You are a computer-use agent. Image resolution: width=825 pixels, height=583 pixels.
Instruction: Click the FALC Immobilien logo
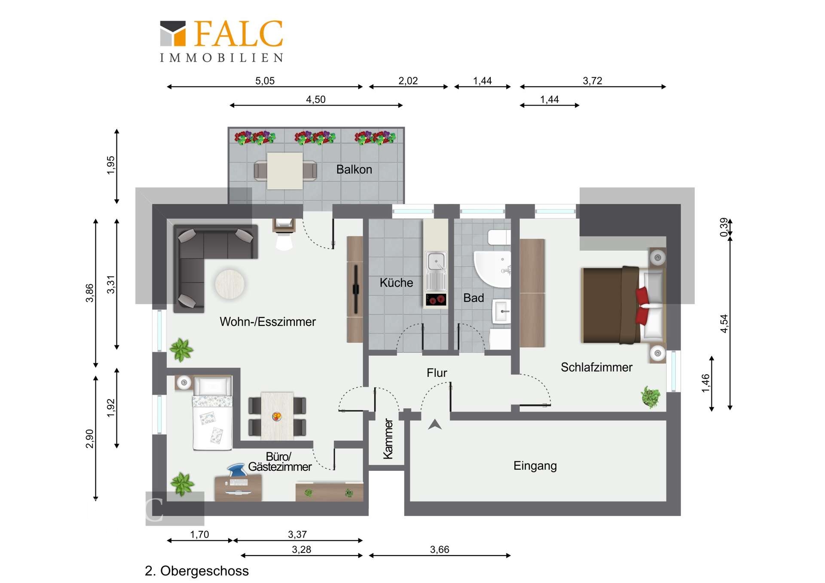(x=222, y=41)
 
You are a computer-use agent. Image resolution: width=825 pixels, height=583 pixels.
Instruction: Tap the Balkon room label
(x=354, y=169)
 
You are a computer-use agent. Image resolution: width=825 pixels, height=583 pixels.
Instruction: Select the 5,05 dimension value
(x=265, y=81)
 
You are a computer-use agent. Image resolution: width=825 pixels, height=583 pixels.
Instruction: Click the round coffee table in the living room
(x=230, y=284)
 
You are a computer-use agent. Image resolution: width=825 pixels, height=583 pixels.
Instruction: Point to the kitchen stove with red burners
(x=436, y=299)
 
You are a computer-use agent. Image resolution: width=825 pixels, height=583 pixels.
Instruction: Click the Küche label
(x=396, y=283)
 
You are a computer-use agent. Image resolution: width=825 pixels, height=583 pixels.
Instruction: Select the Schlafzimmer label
(x=596, y=367)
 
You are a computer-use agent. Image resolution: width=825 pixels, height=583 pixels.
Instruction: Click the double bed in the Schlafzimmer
(x=623, y=305)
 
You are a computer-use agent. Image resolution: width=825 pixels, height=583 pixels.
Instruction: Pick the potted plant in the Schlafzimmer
(x=651, y=397)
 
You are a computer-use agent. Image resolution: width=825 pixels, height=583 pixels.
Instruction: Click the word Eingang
(x=535, y=466)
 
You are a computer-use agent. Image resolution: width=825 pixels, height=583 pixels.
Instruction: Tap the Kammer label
(x=388, y=439)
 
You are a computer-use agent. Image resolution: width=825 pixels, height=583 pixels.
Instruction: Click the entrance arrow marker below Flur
(x=435, y=424)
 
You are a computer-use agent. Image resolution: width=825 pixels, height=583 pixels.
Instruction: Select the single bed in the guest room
(x=213, y=413)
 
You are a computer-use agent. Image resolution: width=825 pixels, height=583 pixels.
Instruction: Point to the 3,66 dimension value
(x=440, y=549)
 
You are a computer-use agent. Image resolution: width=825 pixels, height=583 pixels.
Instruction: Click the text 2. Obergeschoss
(x=197, y=571)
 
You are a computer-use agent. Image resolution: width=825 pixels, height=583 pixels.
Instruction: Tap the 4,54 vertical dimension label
(x=724, y=324)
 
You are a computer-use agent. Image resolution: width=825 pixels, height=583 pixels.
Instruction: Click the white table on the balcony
(x=284, y=171)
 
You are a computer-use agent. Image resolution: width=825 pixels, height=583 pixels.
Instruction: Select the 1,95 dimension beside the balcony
(x=111, y=165)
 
